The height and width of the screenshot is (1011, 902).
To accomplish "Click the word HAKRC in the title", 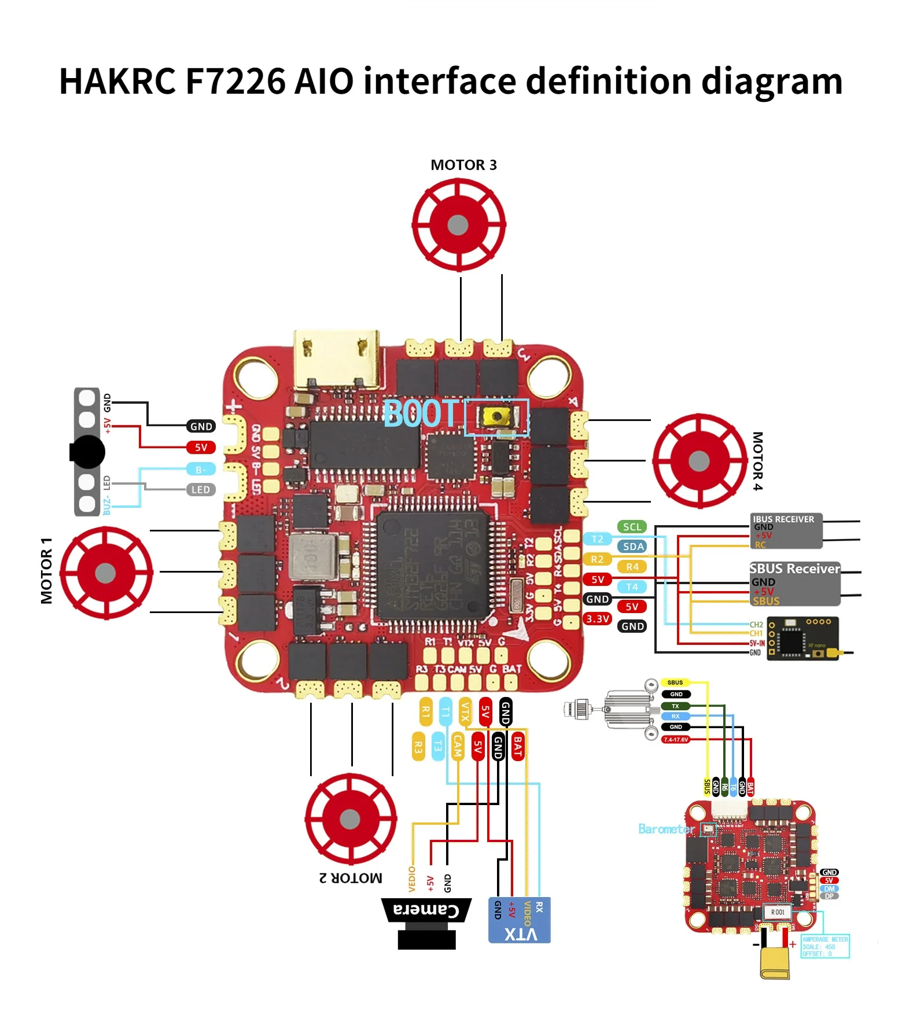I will point(117,80).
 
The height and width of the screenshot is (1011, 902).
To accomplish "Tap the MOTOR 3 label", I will point(463,165).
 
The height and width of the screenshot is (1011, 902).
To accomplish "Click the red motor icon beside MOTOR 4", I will point(699,460).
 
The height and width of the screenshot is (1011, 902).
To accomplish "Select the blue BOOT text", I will point(421,414).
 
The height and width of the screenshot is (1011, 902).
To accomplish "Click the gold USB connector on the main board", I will point(337,360).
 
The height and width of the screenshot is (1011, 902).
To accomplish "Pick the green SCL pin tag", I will point(632,527).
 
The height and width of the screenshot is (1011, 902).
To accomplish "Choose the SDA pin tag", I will point(633,547).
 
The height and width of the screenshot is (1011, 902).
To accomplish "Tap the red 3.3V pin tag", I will point(597,619).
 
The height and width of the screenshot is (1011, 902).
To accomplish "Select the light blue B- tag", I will point(200,469).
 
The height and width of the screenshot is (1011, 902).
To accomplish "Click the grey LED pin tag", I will point(200,490).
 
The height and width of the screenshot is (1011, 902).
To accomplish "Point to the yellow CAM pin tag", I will point(458,747).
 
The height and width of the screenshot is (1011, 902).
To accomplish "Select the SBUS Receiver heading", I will point(794,569).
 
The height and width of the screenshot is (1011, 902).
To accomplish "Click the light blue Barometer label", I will point(666,829).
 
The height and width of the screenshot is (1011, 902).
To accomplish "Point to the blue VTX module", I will point(519,920).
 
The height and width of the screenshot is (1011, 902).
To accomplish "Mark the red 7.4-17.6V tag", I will point(675,739).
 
